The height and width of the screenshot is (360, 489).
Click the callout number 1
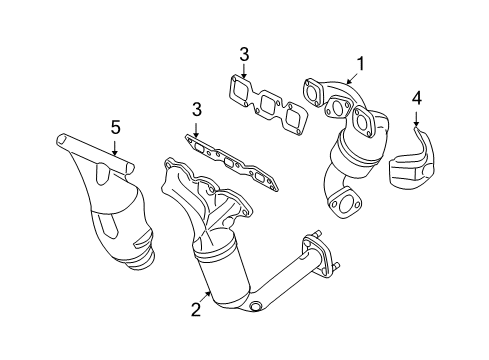coord(361,64)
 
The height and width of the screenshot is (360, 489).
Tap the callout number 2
coord(196,309)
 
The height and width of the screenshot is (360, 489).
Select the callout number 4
coord(417,99)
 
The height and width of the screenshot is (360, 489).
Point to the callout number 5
coord(115,127)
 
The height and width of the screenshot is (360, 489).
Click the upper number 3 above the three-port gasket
coord(244,55)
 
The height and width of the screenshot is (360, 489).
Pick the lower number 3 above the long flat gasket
coord(197,109)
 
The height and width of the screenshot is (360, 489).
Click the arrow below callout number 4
coord(416,119)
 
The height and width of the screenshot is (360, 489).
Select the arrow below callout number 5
coord(114,148)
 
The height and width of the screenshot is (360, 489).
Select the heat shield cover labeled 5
coord(106,200)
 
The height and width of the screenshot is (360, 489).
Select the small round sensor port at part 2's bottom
coord(255,307)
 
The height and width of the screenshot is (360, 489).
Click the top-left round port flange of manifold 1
coord(312,92)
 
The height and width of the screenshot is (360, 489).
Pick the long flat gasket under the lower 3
coord(232,162)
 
